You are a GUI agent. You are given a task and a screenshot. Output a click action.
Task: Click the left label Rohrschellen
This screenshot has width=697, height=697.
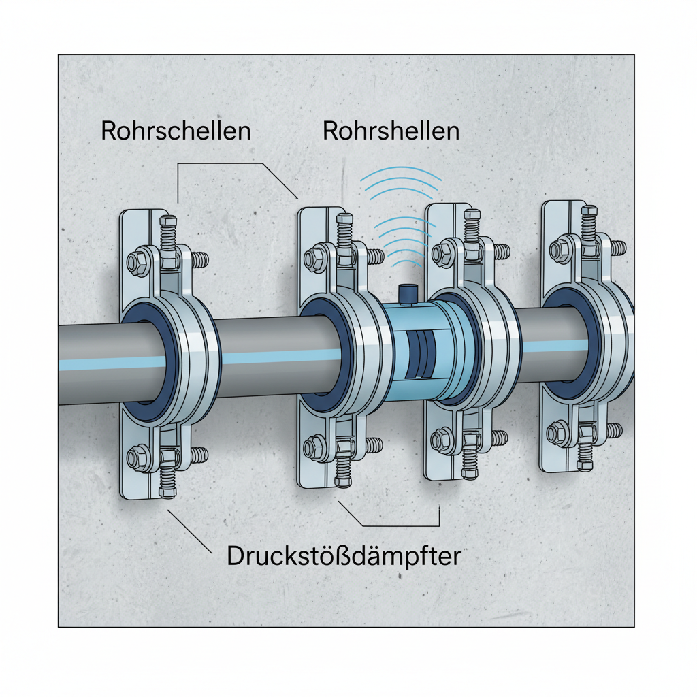click(x=176, y=131)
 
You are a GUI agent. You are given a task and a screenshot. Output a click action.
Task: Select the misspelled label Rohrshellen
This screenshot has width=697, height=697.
click(x=391, y=131)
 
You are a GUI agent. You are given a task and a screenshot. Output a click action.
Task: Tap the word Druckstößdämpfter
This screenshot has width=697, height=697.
click(x=344, y=556)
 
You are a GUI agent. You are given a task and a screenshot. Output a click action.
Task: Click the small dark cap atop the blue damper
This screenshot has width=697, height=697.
click(x=408, y=293)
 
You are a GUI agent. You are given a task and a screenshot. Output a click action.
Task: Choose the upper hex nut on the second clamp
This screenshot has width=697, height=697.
click(x=316, y=258)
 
